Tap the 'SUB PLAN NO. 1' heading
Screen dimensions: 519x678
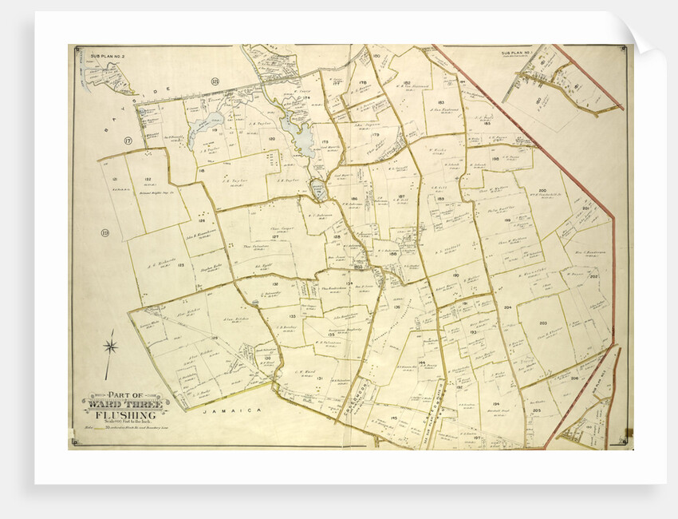[516, 53]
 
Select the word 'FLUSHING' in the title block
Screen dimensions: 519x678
[120, 416]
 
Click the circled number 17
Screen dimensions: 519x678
[128, 141]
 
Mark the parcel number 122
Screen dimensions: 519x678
[148, 179]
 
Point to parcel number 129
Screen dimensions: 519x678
[215, 361]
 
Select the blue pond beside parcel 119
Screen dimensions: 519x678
[206, 122]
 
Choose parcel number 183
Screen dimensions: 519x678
[440, 102]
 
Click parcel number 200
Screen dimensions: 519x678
[542, 191]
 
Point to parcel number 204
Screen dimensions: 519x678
[507, 307]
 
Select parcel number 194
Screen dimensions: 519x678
[495, 404]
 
